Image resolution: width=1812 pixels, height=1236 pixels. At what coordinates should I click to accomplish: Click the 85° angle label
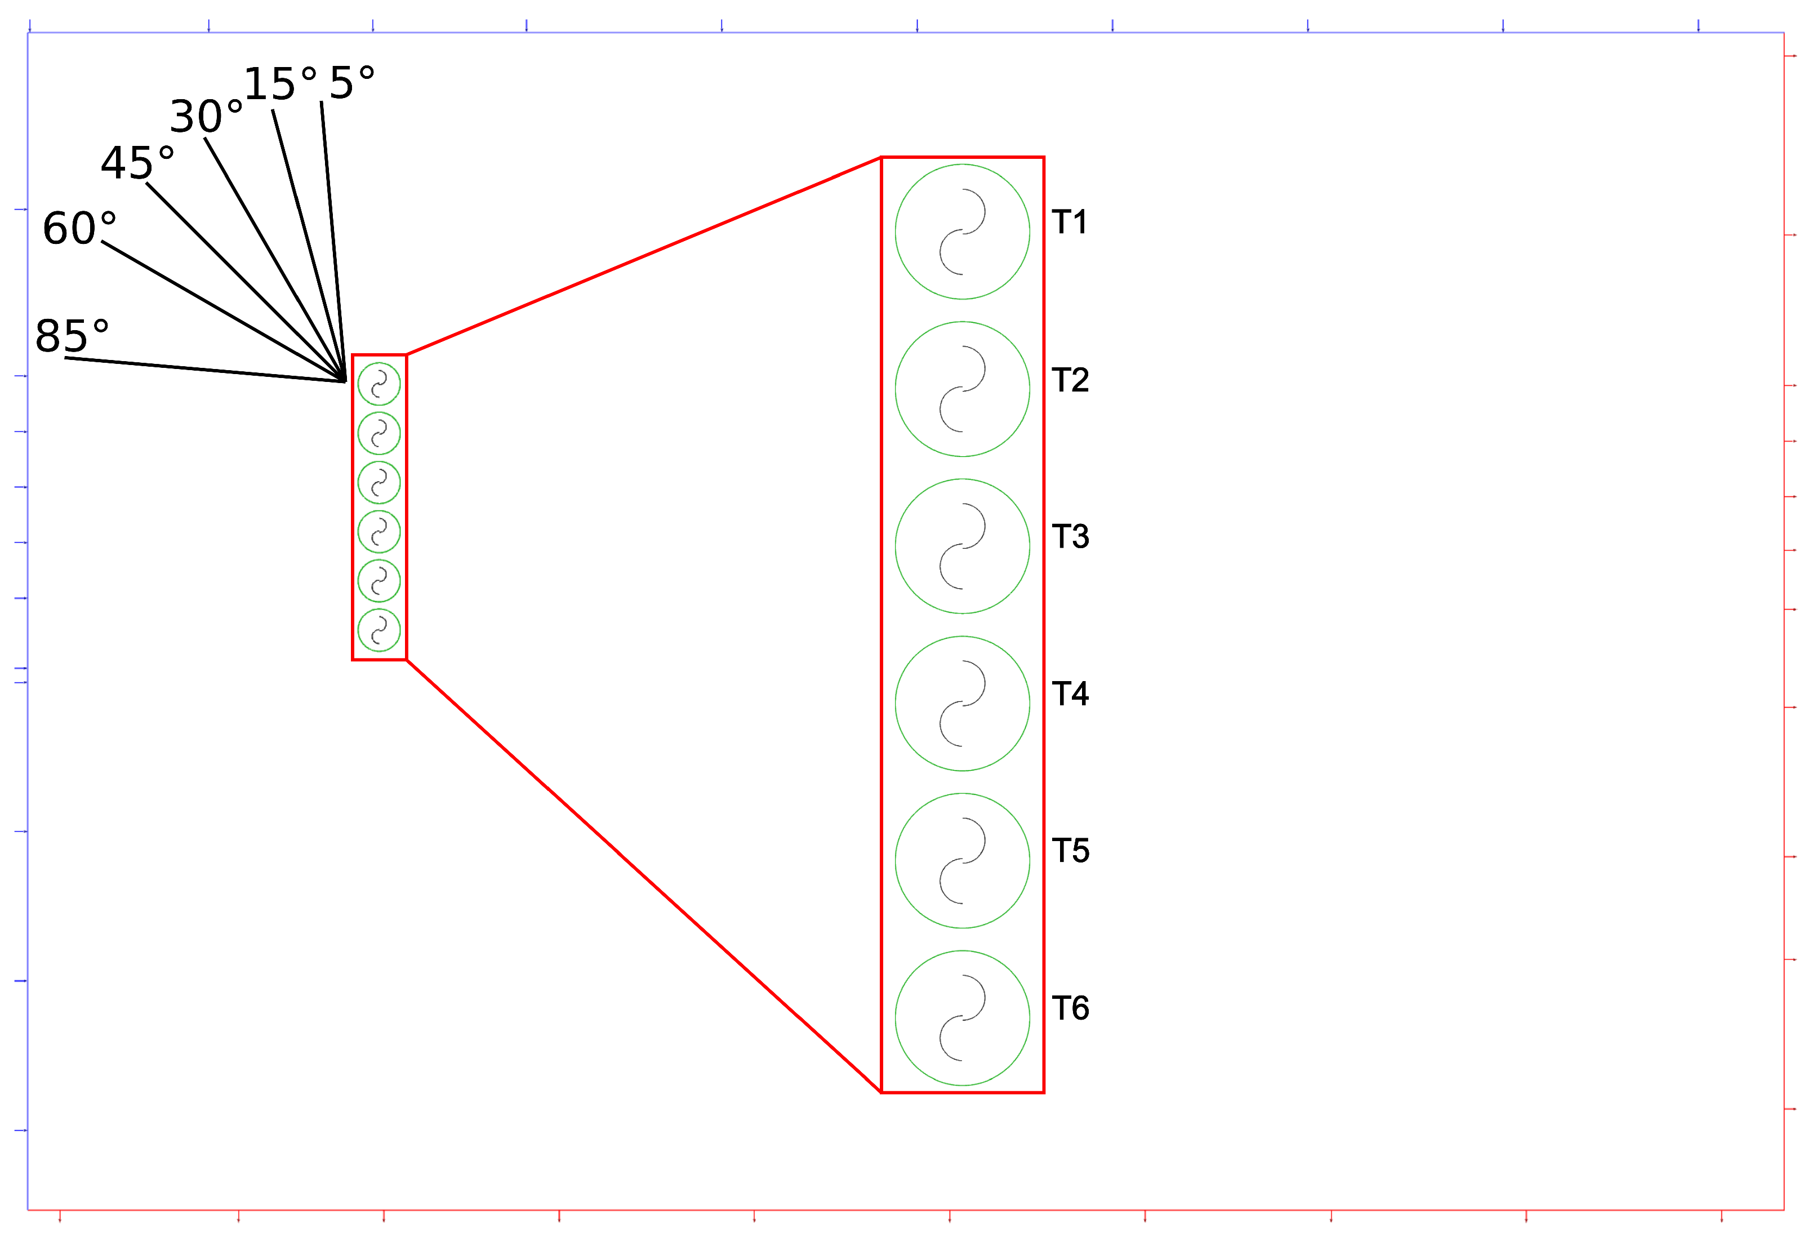tap(72, 336)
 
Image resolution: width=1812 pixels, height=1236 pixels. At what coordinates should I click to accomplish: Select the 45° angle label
tap(137, 163)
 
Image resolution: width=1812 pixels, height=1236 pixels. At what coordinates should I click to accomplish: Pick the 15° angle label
tap(281, 83)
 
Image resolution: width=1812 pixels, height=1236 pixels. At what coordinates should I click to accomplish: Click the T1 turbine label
tap(1069, 223)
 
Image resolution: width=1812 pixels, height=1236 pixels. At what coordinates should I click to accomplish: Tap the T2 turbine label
tap(1070, 380)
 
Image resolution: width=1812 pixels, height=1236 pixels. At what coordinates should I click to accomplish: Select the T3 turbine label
tap(1070, 536)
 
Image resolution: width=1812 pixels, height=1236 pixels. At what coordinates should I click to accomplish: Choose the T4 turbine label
tap(1070, 693)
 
